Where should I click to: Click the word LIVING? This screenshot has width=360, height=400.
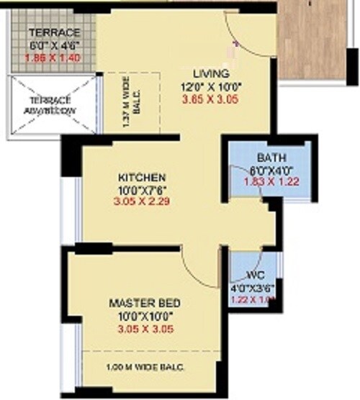pyautogui.click(x=211, y=73)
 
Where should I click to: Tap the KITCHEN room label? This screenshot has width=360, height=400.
pyautogui.click(x=143, y=177)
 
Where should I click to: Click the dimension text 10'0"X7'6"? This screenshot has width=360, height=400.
pyautogui.click(x=143, y=190)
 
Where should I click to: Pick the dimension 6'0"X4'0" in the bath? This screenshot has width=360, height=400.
pyautogui.click(x=269, y=171)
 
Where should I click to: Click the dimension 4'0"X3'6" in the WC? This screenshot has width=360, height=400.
pyautogui.click(x=253, y=289)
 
